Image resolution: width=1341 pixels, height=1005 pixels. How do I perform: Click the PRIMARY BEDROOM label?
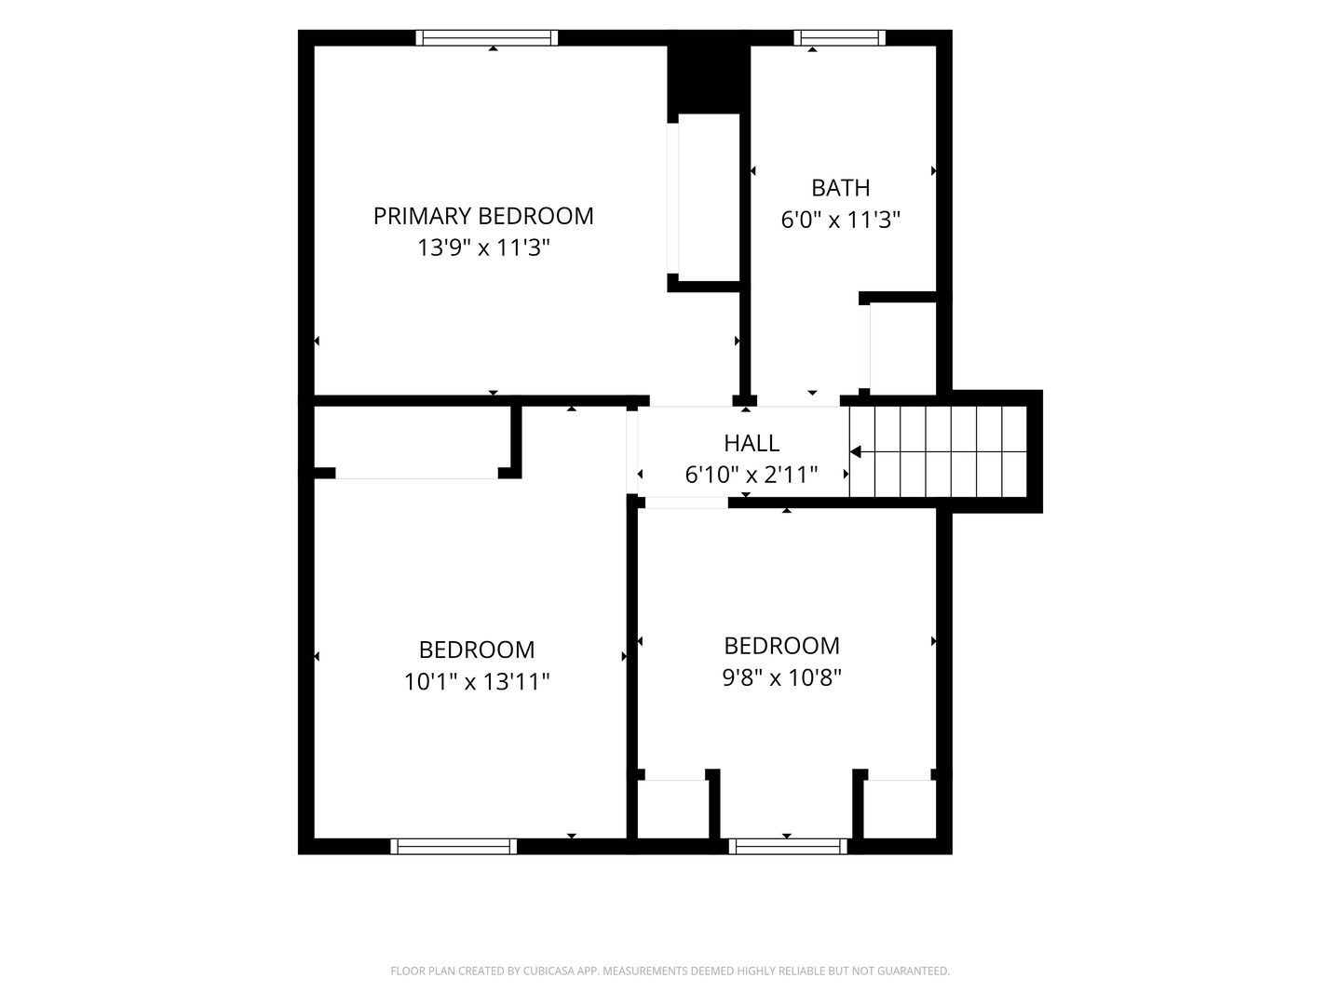point(483,216)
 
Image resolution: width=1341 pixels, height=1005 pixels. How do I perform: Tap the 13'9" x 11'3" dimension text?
point(483,248)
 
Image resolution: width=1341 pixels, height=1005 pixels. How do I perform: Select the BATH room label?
point(841,188)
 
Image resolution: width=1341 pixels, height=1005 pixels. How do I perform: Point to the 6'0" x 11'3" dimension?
point(841,219)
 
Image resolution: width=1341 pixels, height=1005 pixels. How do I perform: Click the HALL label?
point(752,443)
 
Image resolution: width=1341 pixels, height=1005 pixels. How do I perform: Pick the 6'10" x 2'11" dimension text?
point(752,475)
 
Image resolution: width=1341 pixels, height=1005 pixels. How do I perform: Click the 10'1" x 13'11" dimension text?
point(477,681)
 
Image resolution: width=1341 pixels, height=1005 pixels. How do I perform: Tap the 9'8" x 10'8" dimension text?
point(782,677)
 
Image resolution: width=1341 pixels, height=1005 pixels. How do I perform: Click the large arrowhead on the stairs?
point(856,451)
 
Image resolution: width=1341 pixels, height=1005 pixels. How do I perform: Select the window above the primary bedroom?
point(487,38)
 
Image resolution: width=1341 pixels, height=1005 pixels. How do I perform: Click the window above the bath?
point(839,38)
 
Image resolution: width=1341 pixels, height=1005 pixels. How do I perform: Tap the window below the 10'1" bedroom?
point(454,847)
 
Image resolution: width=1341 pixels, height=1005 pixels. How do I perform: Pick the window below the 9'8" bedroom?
point(788,847)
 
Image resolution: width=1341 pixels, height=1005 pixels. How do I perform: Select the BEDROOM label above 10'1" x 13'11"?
point(477,650)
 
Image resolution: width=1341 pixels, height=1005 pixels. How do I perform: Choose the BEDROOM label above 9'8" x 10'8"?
point(782,646)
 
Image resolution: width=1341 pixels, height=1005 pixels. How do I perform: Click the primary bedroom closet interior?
point(710,197)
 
